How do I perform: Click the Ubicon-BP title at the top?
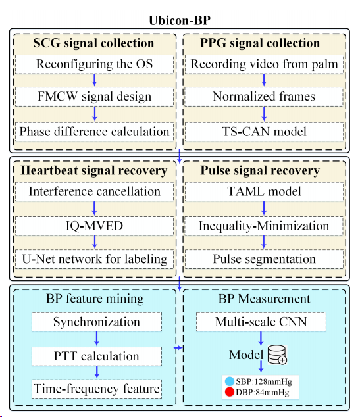point(180,20)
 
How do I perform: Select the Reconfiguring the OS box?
point(95,64)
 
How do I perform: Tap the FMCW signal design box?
point(95,97)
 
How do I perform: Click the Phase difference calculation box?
point(95,132)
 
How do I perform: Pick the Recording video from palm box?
point(264,64)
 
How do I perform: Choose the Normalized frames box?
point(264,97)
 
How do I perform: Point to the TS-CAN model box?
point(264,132)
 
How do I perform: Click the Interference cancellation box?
point(95,192)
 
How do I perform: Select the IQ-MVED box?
point(95,226)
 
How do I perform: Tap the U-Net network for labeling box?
point(95,259)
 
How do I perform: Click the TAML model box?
point(264,192)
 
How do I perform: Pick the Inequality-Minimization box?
point(264,226)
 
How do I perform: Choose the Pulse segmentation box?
point(264,259)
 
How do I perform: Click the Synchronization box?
point(97,322)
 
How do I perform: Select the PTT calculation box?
point(97,356)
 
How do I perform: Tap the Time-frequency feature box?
point(97,389)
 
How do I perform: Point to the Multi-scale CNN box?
point(261,322)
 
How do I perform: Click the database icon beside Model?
point(277,355)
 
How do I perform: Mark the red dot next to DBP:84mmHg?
point(229,392)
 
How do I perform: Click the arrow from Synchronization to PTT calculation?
point(97,339)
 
